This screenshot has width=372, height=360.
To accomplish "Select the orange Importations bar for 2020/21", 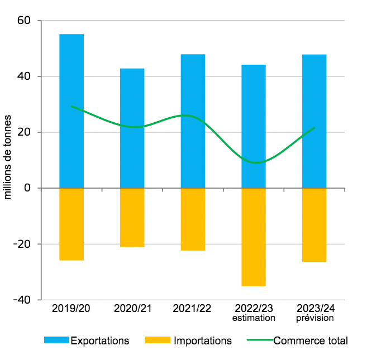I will click(132, 218).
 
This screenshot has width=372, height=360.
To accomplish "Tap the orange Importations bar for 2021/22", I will click(193, 219).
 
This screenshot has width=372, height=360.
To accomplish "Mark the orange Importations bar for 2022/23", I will click(254, 237).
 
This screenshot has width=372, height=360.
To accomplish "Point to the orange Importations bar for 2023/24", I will click(314, 225).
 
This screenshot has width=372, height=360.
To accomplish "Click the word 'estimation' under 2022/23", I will click(254, 318).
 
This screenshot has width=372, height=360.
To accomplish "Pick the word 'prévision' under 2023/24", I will click(314, 318).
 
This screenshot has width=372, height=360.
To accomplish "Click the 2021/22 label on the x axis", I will click(193, 308).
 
